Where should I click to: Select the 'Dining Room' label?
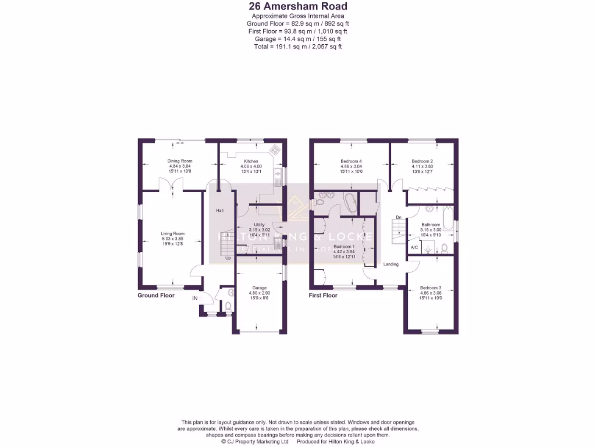pos(180,161)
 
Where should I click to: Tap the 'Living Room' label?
pos(172,233)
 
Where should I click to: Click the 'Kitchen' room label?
pos(251,161)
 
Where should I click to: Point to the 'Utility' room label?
pos(260,225)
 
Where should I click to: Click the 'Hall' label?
pos(220,210)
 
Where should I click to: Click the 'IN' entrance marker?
pos(196,299)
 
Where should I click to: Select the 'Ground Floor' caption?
pos(156,295)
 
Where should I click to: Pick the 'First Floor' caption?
pos(323,295)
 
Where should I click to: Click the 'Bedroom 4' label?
pos(351,161)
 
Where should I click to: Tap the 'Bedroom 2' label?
pos(422,161)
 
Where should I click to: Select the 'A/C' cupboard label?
pos(414,247)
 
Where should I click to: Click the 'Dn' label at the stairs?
pos(399,218)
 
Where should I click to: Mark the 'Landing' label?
pos(391,264)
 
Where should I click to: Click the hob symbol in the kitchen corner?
pos(275,150)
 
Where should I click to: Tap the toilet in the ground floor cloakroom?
pos(228,306)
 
